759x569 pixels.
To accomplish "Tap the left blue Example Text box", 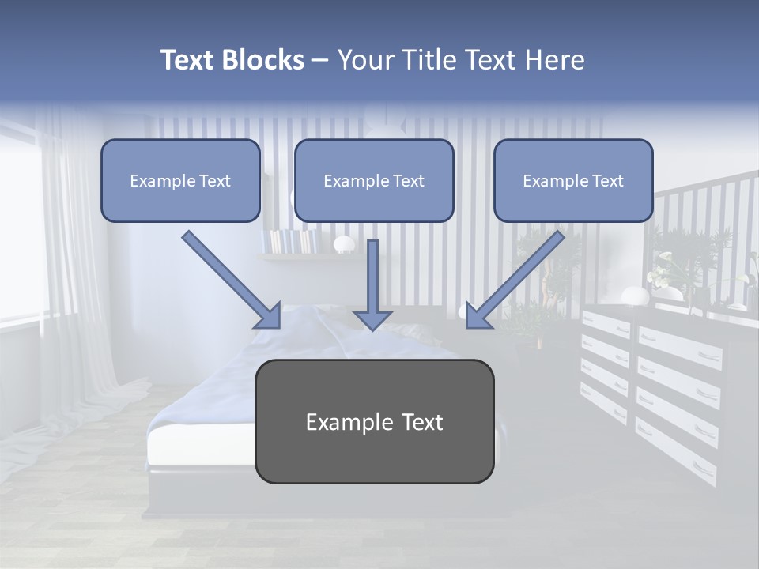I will tap(180, 181).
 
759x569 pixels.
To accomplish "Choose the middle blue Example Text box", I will tap(374, 181).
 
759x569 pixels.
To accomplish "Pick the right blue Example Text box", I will tap(573, 181).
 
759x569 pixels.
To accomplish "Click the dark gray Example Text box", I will tap(374, 422).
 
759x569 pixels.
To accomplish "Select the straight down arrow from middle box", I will tap(372, 284).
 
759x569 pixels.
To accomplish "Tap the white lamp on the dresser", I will tap(633, 296).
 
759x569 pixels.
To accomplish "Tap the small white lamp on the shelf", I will tap(344, 243).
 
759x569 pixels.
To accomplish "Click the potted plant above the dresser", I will tap(680, 261).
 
